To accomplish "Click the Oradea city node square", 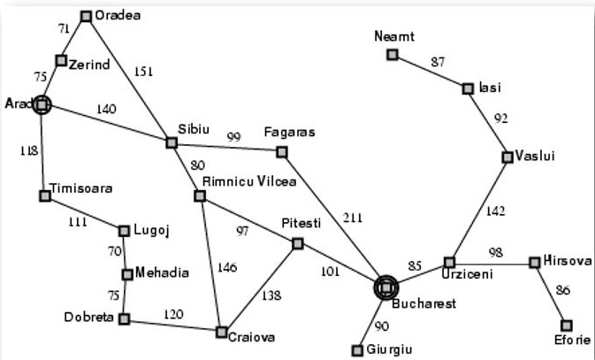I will (x=86, y=16).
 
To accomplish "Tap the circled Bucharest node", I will (x=385, y=287).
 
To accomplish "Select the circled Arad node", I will (x=41, y=105).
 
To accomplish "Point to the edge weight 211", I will (x=354, y=218).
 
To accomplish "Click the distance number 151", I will (x=143, y=73).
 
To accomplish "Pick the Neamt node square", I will (x=393, y=55).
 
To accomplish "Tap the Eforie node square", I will (x=566, y=326).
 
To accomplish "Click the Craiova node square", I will (x=222, y=332).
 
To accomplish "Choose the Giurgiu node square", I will (x=358, y=349).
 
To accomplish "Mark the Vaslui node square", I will (x=507, y=157).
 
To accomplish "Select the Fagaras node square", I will (x=282, y=152).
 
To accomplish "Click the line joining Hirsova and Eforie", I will (x=551, y=295).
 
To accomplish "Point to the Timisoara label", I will (x=81, y=188).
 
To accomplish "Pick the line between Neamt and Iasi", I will (x=431, y=71).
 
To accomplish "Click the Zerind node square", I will (x=61, y=60).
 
